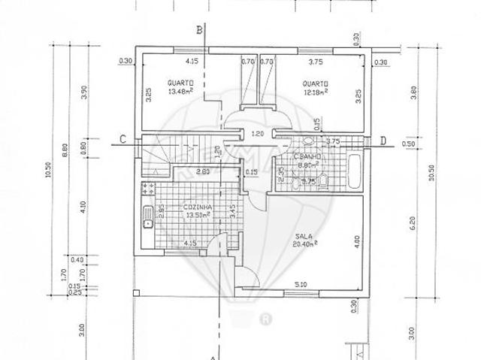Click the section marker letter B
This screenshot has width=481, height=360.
pyautogui.click(x=200, y=30)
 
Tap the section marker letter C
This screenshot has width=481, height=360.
pyautogui.click(x=123, y=139)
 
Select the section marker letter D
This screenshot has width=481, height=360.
pyautogui.click(x=383, y=141)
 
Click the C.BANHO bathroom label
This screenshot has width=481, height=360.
pyautogui.click(x=306, y=159)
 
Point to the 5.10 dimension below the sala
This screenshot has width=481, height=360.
pyautogui.click(x=299, y=284)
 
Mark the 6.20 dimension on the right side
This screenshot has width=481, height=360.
pyautogui.click(x=411, y=222)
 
